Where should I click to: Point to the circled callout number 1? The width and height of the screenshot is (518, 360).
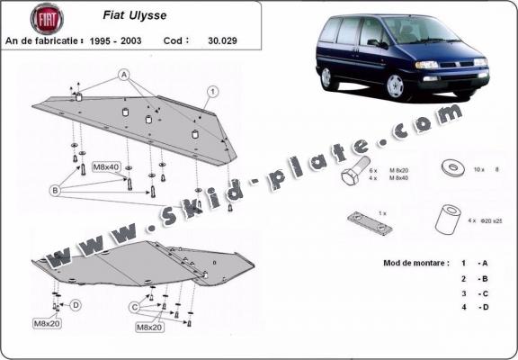coord(213,91)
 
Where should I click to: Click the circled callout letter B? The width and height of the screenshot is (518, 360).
coord(56,190)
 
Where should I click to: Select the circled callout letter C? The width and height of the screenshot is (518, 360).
coord(134,307)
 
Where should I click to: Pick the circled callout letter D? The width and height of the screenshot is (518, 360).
coord(76,305)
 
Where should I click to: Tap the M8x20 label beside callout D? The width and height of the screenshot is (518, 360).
coord(48,322)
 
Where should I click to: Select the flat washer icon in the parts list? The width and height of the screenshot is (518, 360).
coord(448,167)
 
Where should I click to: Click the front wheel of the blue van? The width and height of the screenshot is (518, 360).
coord(396,86)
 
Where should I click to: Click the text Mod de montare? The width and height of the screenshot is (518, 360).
coord(407,262)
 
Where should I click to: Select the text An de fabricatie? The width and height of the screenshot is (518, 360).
coord(44,40)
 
